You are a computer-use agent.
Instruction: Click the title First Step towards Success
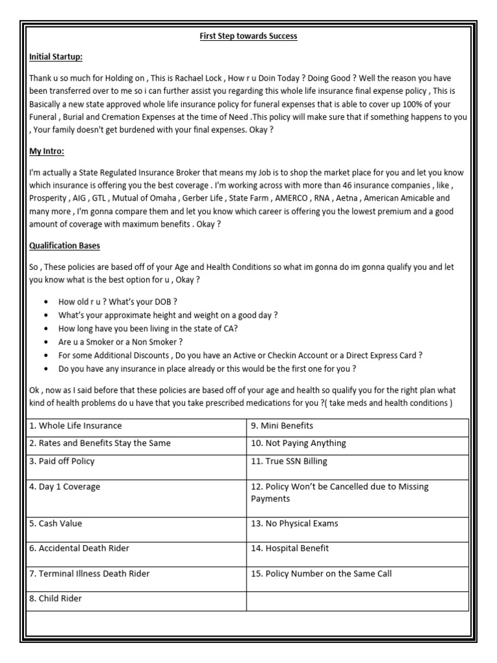tap(248, 36)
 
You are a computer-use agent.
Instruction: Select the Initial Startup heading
tap(56, 57)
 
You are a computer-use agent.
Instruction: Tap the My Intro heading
tap(47, 152)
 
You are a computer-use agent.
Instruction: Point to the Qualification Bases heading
tap(65, 246)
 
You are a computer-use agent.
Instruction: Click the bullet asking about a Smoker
tap(120, 342)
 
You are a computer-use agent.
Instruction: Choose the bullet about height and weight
tap(168, 315)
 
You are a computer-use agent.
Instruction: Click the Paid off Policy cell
tap(61, 462)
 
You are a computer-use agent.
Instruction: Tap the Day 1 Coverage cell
tap(64, 487)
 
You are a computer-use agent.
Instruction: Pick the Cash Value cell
tap(55, 524)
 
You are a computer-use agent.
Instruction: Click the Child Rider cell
tap(55, 599)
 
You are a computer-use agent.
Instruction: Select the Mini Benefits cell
tap(282, 426)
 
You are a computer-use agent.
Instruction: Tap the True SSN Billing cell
tap(289, 462)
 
